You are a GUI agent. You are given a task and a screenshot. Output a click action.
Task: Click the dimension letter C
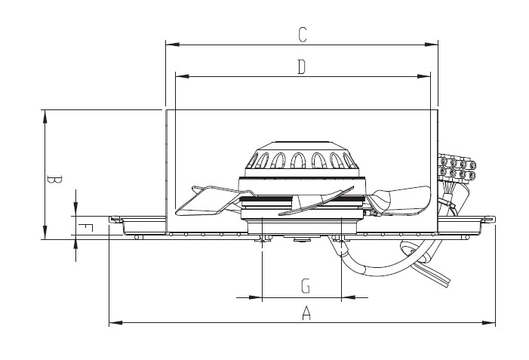[303, 35]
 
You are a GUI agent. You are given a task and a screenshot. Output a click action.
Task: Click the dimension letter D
[302, 66]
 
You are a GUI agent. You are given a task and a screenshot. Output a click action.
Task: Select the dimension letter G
[306, 285]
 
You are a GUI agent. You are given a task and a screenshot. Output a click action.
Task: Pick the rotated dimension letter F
[85, 228]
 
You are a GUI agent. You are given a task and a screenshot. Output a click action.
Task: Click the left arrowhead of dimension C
[172, 45]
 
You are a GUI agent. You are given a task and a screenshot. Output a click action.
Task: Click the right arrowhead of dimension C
[431, 45]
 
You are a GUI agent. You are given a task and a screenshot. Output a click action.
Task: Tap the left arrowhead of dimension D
[182, 76]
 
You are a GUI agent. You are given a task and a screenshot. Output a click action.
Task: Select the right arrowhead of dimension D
[424, 76]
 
